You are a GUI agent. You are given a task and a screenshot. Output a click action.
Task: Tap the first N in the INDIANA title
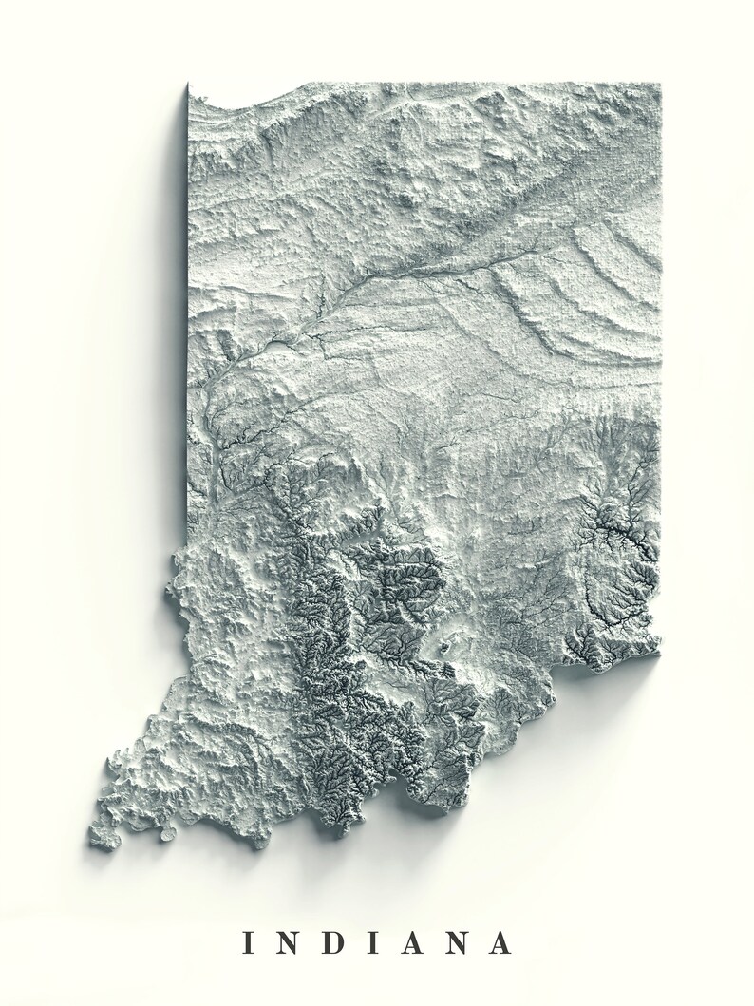click(x=292, y=942)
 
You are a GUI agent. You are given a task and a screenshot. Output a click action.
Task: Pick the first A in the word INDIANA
click(x=417, y=942)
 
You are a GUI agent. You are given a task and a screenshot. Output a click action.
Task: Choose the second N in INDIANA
click(x=462, y=942)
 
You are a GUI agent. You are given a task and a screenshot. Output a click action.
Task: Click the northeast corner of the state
click(x=659, y=85)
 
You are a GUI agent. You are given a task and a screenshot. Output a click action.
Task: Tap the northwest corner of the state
click(x=189, y=85)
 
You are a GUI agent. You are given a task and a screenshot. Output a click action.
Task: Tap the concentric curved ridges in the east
click(x=579, y=285)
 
